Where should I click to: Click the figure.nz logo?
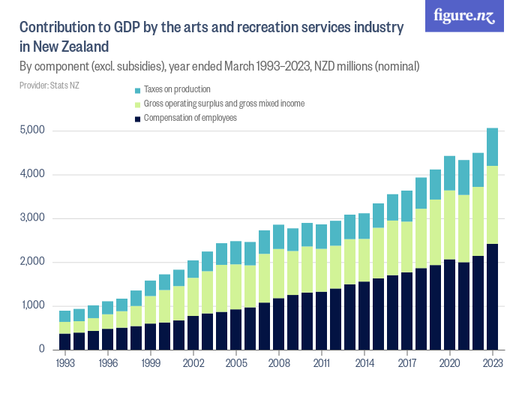(x=464, y=17)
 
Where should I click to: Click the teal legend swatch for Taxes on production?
(x=137, y=89)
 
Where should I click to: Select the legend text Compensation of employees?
(x=190, y=118)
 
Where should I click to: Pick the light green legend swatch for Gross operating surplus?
(x=137, y=104)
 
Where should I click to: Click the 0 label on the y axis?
(x=42, y=350)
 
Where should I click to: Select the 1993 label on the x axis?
(x=65, y=362)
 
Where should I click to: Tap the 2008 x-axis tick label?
(x=279, y=362)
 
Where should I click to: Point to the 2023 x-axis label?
(x=492, y=362)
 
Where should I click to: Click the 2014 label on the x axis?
(x=364, y=362)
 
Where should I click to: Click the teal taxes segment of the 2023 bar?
(x=492, y=147)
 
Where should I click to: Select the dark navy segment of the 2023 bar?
(x=492, y=297)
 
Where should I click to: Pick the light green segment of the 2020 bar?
(x=449, y=225)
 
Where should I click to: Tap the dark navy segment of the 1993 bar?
(x=65, y=341)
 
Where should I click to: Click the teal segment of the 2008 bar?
(x=279, y=237)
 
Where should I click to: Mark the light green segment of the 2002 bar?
(x=193, y=297)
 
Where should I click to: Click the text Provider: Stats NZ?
(x=49, y=85)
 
